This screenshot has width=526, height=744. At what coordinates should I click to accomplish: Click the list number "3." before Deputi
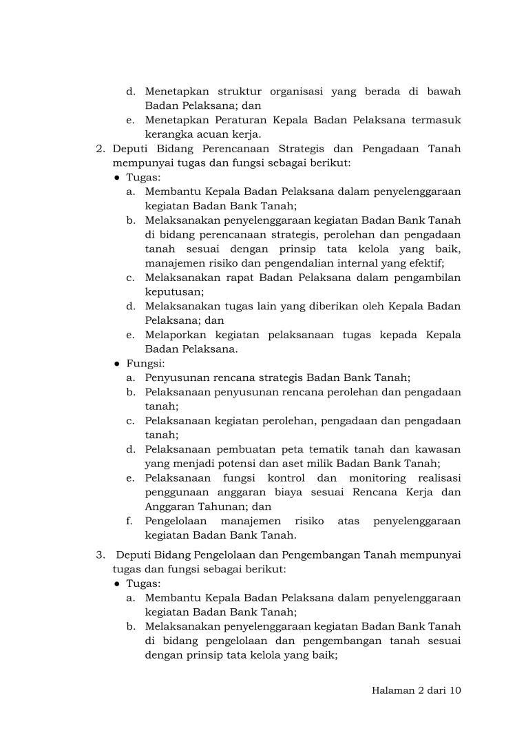[x=101, y=555]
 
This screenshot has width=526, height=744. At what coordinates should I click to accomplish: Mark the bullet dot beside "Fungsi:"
[x=118, y=363]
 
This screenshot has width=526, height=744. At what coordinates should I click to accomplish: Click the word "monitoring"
[x=377, y=478]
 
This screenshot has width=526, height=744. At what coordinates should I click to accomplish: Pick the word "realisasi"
[x=439, y=478]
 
